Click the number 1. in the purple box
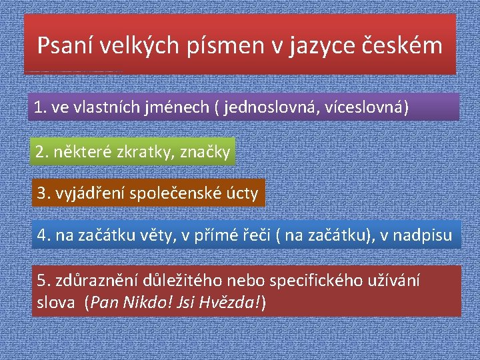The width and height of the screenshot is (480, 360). tap(40, 107)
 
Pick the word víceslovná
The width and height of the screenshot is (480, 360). tap(366, 107)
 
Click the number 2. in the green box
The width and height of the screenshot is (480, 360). tap(42, 152)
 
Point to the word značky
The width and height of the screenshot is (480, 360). tap(205, 152)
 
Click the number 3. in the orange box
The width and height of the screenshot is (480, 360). tap(43, 193)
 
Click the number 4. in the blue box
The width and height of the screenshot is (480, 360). tap(43, 235)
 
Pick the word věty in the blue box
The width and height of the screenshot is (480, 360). tap(159, 235)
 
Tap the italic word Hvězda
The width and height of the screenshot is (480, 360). tap(229, 303)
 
